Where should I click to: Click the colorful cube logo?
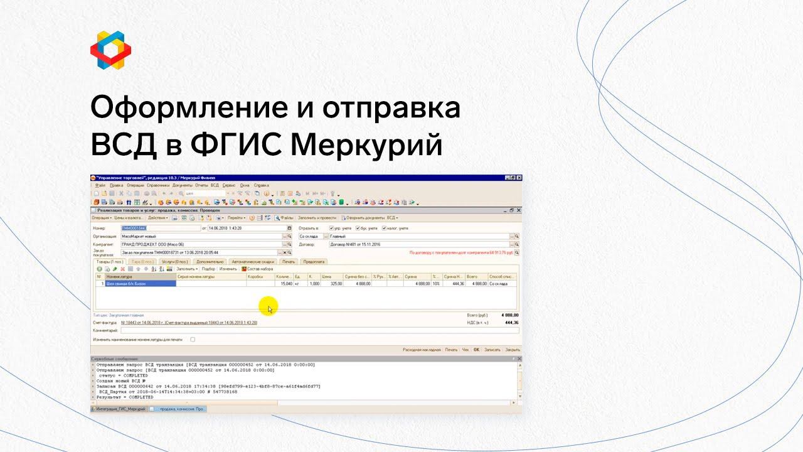point(110,49)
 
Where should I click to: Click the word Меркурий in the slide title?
point(367,146)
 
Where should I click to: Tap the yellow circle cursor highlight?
point(268,307)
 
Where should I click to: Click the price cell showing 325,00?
point(331,284)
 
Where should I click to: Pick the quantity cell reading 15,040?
point(284,284)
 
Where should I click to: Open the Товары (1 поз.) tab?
point(109,261)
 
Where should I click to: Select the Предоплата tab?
point(313,261)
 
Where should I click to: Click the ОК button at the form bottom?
point(476,349)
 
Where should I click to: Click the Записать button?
point(492,349)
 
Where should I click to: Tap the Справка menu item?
point(262,185)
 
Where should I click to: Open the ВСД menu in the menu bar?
point(215,185)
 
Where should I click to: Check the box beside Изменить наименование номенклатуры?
point(193,339)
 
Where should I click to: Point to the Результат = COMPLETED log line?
point(125,397)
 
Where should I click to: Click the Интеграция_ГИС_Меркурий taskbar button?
point(119,409)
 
